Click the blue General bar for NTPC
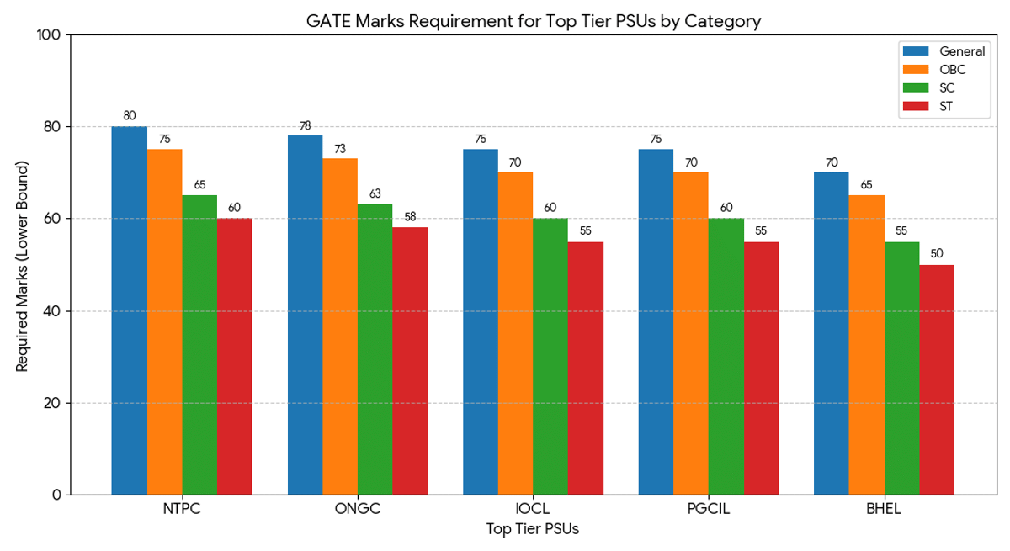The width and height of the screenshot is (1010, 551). tap(130, 310)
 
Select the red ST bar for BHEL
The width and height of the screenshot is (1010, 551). tap(937, 379)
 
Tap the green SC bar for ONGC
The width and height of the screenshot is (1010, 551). tap(375, 349)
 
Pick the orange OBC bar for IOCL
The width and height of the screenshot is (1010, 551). tap(515, 333)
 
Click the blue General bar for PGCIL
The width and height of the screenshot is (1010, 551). tap(656, 321)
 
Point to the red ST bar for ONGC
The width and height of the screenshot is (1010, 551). tap(410, 361)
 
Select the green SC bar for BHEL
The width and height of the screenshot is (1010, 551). tap(901, 368)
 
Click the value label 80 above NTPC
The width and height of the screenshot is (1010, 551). tap(130, 116)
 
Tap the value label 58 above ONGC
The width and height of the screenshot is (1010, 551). tap(410, 217)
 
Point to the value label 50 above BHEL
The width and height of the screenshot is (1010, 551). tap(937, 254)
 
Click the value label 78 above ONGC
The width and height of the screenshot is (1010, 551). tap(305, 126)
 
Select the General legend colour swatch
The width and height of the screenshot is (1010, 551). tap(914, 51)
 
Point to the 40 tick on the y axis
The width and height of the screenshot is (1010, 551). tap(54, 311)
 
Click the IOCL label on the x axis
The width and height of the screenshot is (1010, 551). tap(533, 510)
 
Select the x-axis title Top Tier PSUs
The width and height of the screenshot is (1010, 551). tap(533, 530)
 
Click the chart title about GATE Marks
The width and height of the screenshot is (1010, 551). tap(533, 21)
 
